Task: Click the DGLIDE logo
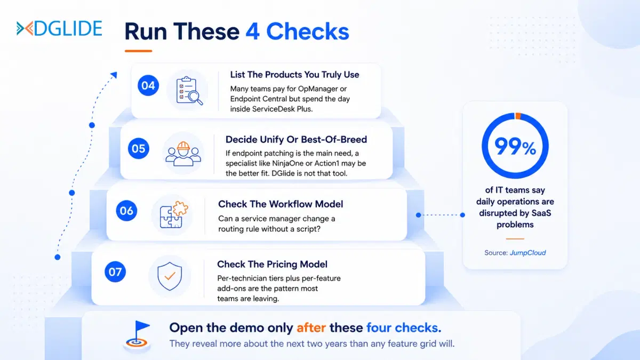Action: (59, 28)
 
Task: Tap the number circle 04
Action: (148, 85)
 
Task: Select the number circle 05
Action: (138, 149)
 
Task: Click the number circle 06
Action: (126, 211)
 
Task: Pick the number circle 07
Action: (115, 271)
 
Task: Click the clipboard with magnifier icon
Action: (189, 91)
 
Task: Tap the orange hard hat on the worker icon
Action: (183, 146)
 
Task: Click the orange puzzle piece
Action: (180, 209)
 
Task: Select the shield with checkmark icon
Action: (170, 276)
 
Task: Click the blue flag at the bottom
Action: (142, 326)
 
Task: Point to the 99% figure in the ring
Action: (515, 147)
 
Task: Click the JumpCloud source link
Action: (527, 253)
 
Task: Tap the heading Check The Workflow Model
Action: (281, 204)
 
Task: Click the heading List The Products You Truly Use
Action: (294, 75)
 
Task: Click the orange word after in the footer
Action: (311, 327)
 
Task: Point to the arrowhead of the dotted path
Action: (114, 75)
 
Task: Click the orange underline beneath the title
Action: (138, 51)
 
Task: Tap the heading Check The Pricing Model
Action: (272, 265)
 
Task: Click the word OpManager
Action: (318, 89)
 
